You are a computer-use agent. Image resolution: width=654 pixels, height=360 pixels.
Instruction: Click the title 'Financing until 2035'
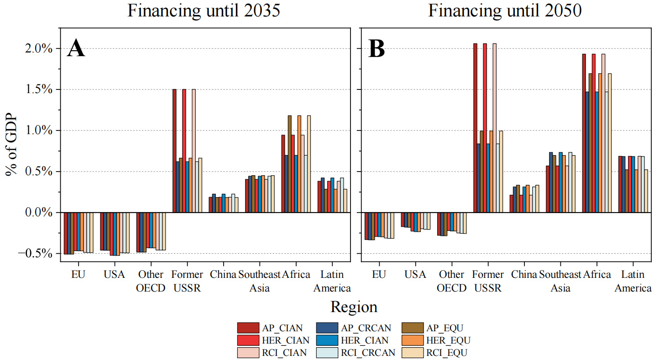204,10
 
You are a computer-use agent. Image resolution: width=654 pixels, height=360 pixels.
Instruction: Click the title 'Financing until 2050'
505,10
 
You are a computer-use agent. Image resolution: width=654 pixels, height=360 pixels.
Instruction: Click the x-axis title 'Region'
354,307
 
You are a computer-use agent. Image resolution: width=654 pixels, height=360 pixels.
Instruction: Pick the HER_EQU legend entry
436,340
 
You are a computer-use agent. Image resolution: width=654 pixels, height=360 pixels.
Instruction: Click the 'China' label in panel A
223,275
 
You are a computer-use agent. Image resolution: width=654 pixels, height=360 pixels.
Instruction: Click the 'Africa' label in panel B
597,275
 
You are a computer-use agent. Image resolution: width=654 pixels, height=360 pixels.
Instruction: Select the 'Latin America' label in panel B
633,281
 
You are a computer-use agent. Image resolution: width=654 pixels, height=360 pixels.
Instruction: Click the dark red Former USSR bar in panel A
174,151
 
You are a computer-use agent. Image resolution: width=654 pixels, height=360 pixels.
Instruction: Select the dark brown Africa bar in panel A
289,164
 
